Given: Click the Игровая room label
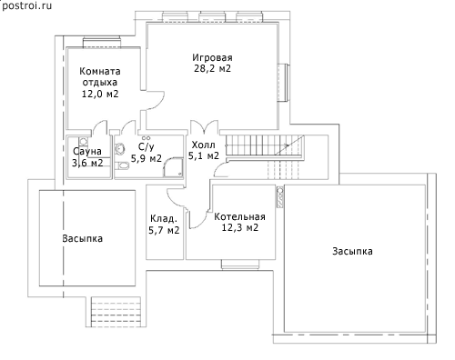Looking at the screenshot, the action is (212, 57).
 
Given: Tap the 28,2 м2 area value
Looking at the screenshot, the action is (212, 68).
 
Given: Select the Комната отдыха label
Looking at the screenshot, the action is (100, 76).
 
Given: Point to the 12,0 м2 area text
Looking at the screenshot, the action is (100, 94).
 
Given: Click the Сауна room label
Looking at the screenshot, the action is (87, 151).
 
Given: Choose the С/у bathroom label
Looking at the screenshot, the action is (147, 147).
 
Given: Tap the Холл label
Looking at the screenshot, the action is (204, 145).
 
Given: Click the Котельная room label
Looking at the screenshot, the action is (239, 216).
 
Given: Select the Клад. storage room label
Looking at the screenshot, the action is (164, 218).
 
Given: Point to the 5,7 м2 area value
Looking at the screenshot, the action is (164, 230).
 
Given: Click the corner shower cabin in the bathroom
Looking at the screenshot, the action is (174, 167).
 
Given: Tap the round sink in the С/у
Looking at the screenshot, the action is (119, 148).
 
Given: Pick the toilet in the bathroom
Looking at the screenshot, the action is (121, 165).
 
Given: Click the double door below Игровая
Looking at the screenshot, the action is (204, 127).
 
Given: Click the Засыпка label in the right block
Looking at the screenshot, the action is (352, 251).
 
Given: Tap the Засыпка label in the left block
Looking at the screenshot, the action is (83, 238).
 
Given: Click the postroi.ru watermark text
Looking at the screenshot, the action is (26, 5).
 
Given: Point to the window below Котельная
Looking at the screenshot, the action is (240, 265).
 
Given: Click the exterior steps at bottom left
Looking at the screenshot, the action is (116, 312).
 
